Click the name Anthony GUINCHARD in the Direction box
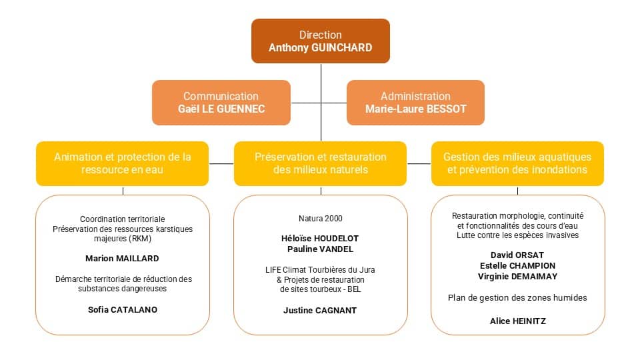(x=321, y=48)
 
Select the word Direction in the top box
(x=321, y=35)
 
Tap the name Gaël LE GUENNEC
(x=221, y=109)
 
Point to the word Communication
(x=221, y=96)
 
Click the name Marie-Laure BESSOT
(x=415, y=109)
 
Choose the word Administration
(x=415, y=96)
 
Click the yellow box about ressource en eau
(x=123, y=164)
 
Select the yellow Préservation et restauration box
(x=321, y=164)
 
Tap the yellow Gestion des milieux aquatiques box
(x=517, y=164)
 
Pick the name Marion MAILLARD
(x=123, y=259)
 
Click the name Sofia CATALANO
(x=123, y=310)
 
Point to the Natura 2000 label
(x=321, y=219)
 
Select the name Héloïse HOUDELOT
(x=320, y=239)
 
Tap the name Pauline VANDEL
(x=320, y=249)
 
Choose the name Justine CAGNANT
(x=320, y=311)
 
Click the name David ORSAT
(x=517, y=255)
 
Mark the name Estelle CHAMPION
(x=517, y=266)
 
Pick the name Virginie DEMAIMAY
(x=517, y=276)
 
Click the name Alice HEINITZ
(x=517, y=321)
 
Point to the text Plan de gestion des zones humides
(x=517, y=298)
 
